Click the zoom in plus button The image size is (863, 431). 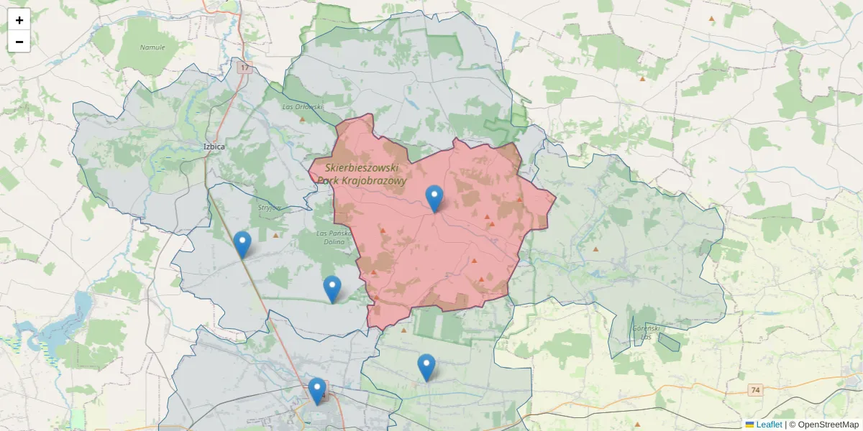tap(19, 20)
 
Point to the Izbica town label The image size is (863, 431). tap(214, 147)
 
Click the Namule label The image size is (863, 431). tap(152, 47)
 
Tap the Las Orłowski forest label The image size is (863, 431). tap(302, 107)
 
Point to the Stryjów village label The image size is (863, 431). tap(269, 208)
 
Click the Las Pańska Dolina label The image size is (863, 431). tap(333, 237)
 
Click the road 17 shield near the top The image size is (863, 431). tap(245, 68)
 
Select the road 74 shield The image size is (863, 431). tap(754, 390)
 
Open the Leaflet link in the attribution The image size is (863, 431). tap(768, 425)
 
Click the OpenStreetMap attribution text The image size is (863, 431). tap(828, 425)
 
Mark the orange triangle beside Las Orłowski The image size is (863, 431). tap(302, 119)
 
